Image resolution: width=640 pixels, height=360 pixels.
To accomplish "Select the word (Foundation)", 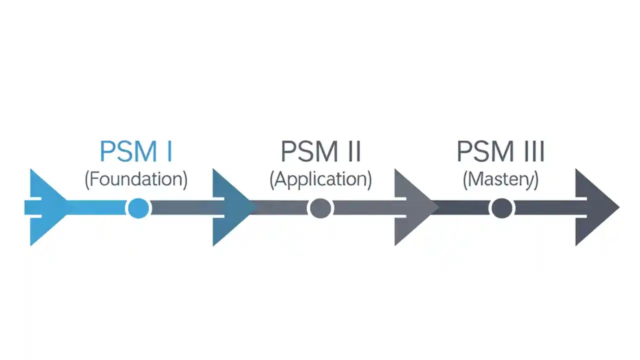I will pyautogui.click(x=136, y=179).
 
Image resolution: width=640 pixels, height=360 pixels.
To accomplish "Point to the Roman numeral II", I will pyautogui.click(x=352, y=151).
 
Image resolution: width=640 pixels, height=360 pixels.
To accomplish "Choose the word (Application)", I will pyautogui.click(x=320, y=179).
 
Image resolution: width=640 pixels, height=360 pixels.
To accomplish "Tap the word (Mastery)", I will pyautogui.click(x=500, y=179).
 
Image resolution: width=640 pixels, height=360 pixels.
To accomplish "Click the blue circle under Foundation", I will pyautogui.click(x=138, y=208).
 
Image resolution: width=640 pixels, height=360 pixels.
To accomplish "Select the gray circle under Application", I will pyautogui.click(x=320, y=208).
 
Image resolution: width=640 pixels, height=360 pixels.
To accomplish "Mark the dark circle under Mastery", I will pyautogui.click(x=501, y=208).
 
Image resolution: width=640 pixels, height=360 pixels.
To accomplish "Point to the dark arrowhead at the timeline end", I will pyautogui.click(x=595, y=207).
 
